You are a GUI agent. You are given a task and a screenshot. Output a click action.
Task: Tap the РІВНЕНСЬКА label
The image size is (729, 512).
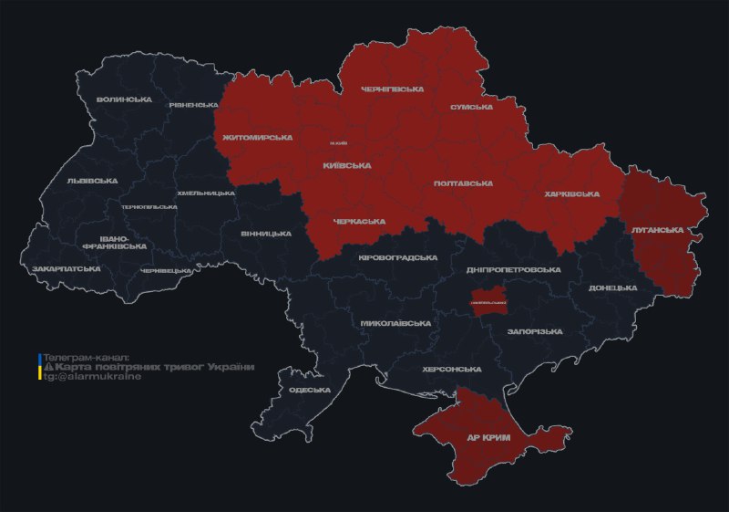192,105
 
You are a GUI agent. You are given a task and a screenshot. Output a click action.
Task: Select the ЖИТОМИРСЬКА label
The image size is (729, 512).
257,138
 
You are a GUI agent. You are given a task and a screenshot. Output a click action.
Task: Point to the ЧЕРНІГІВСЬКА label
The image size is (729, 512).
393,89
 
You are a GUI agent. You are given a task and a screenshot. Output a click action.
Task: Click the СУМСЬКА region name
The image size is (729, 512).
471,108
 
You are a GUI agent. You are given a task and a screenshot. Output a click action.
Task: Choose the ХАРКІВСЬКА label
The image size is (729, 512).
571,194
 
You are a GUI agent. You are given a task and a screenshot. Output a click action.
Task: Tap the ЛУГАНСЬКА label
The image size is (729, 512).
657,230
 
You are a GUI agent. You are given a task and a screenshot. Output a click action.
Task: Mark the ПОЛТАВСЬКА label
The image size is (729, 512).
463,183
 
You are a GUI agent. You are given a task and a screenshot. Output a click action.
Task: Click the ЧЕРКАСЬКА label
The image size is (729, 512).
359,222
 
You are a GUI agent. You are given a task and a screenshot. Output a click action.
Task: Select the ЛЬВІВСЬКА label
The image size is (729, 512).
92,181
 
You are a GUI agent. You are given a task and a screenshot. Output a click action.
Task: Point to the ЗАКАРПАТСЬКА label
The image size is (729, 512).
67,269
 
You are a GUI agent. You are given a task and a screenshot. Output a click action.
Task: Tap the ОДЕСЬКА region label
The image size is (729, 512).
309,390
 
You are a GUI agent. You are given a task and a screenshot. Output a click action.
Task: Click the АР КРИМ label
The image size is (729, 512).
488,438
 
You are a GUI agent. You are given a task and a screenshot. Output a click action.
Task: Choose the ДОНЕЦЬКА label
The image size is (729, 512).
612,287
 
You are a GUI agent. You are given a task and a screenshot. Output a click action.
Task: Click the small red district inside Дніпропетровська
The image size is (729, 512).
488,303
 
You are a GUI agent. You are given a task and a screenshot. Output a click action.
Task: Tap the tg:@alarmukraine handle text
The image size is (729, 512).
92,377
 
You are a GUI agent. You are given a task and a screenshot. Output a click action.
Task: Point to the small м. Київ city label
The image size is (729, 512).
339,144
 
